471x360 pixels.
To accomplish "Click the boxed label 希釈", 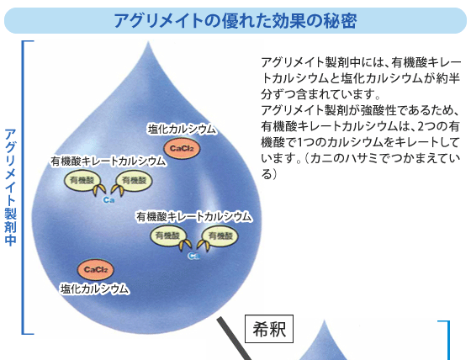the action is [269, 329].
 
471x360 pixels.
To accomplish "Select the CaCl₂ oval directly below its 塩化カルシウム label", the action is [182, 148].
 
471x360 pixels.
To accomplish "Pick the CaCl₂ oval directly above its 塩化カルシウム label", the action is [96, 269].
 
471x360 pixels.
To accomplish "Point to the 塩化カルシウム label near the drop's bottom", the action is [94, 289].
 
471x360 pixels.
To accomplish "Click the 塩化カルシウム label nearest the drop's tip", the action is [182, 130].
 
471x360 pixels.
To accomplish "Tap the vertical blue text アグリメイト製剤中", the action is [10, 188].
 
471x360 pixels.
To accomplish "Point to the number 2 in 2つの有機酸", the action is [421, 126].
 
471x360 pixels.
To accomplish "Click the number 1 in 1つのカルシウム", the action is [300, 142].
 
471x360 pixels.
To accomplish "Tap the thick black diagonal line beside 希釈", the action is [235, 339].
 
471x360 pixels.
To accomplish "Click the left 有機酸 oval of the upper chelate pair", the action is [82, 180].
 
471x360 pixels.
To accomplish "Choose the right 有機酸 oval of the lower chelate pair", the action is [220, 236].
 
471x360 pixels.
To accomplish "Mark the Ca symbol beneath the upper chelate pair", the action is [108, 199].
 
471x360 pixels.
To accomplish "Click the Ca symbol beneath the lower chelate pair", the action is [193, 256].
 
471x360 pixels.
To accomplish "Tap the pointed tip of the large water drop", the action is [148, 42].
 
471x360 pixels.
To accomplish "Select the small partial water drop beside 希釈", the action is [325, 340].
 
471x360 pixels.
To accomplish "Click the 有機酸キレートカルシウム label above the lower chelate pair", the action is [193, 217].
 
